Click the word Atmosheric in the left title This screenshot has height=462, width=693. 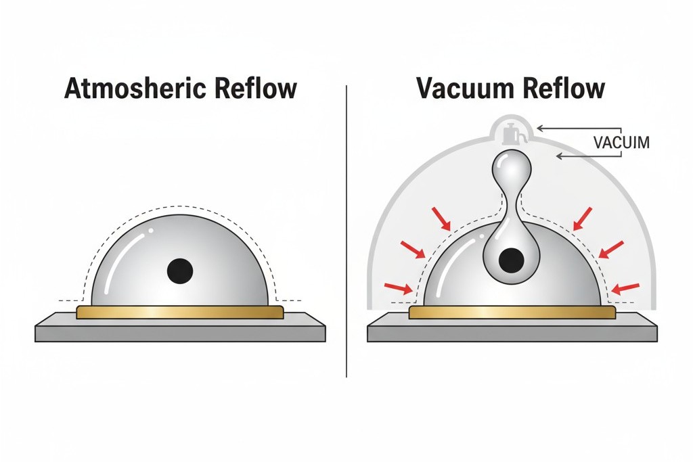tap(126, 89)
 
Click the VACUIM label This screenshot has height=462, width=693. tap(621, 143)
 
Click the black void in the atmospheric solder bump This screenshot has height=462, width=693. tap(180, 271)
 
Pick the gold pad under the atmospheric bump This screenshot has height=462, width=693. tap(180, 312)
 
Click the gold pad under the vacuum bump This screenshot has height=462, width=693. tap(512, 312)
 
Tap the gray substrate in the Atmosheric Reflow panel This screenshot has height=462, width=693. tap(180, 331)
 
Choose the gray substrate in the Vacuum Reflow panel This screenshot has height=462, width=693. tap(512, 331)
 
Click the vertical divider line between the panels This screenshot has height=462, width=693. tap(346, 230)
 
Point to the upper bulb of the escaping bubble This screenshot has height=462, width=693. tap(512, 166)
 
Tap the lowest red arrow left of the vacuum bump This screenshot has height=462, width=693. tap(398, 288)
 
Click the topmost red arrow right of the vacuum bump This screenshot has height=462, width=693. tap(581, 218)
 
